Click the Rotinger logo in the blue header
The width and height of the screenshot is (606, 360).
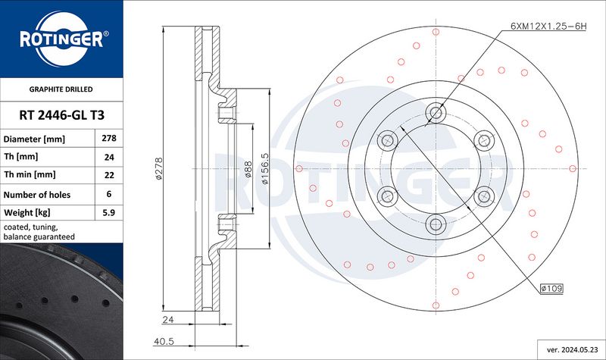point(62,39)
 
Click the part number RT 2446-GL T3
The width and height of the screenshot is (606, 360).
point(62,115)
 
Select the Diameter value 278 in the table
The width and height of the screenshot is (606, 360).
point(109,138)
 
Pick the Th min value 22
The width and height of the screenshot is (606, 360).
point(109,175)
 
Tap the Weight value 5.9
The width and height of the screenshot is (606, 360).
point(109,212)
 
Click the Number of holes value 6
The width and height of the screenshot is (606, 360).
point(109,194)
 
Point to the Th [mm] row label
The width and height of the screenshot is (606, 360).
point(21,157)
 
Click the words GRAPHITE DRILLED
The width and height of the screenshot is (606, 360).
point(61,89)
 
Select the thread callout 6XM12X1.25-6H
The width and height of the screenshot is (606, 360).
point(548,27)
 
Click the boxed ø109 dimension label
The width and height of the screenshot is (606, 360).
point(551,288)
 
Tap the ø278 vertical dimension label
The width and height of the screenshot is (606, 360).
point(159,168)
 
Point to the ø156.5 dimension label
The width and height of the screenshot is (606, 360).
point(264,168)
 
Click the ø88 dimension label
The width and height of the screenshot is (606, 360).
point(248,169)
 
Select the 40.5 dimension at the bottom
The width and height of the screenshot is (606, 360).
point(164,342)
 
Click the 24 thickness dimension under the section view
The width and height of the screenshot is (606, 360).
point(168,319)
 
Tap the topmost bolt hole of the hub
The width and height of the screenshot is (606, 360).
point(436,113)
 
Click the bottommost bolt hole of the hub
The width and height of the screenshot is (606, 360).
point(436,224)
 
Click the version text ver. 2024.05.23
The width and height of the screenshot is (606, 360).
point(571,349)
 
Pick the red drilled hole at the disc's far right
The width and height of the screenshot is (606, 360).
point(573,168)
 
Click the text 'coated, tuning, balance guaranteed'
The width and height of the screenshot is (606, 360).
point(39,232)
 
